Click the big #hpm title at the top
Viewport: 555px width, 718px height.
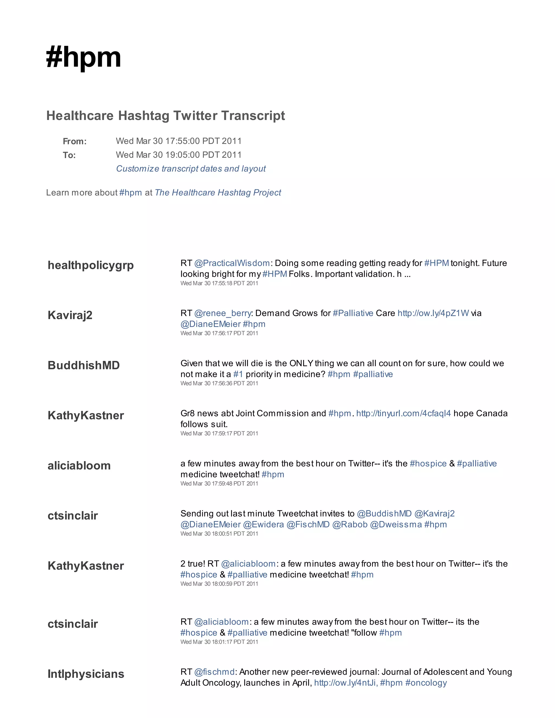(83, 57)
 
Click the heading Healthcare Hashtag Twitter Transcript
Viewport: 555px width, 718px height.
(165, 116)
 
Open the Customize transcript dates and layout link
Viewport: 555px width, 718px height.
(191, 169)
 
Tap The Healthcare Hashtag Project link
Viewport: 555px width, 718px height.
(218, 193)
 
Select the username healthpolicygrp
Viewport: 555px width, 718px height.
(91, 265)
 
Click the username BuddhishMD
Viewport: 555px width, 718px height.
(83, 365)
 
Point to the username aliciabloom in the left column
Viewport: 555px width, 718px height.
(79, 465)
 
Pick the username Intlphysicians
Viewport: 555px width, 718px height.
(86, 674)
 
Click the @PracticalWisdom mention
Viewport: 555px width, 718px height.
(232, 263)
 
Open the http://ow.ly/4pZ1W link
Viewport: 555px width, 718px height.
(433, 313)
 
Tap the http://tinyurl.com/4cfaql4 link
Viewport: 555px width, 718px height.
(404, 413)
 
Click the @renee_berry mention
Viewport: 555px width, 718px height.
(222, 313)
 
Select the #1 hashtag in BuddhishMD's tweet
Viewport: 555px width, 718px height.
(238, 374)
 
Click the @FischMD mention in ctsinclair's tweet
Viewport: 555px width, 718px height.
(308, 524)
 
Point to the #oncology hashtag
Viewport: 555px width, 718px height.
(426, 683)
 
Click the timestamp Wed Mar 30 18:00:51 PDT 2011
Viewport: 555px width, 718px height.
(219, 533)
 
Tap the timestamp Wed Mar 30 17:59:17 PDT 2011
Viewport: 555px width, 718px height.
(219, 433)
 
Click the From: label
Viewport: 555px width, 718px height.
(75, 141)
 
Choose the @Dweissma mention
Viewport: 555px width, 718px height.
(396, 524)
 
